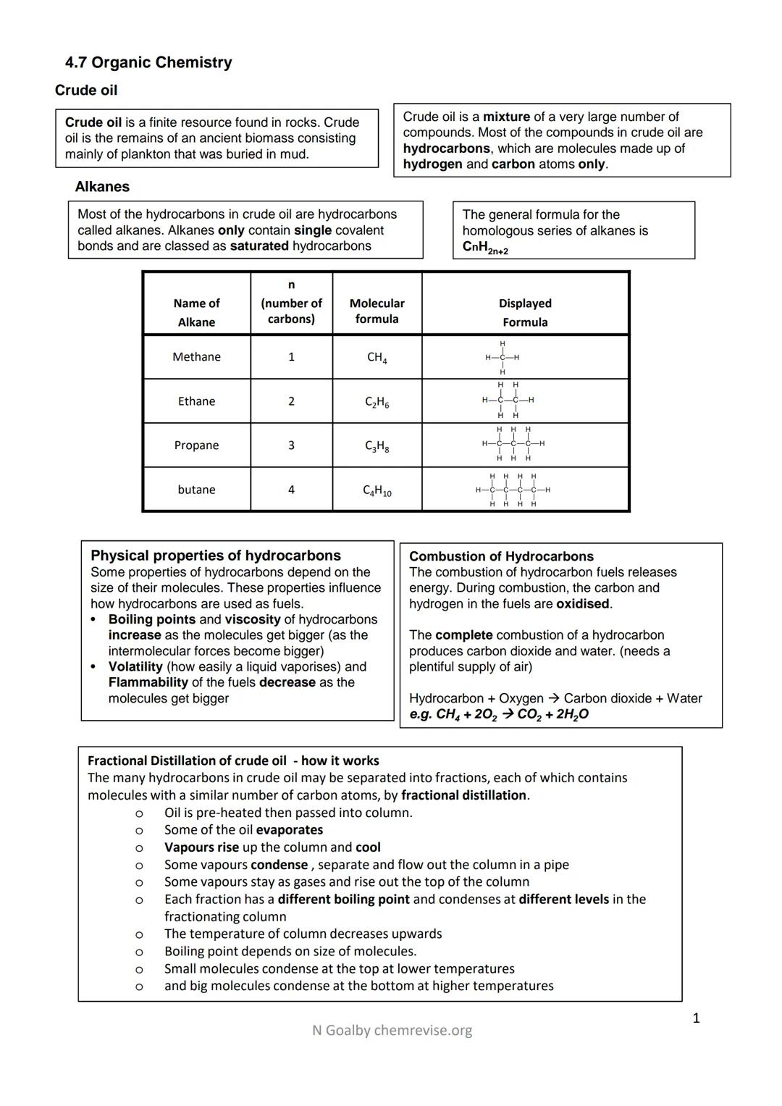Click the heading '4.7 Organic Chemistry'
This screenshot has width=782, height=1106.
[148, 63]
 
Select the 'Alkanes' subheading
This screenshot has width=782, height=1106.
[102, 187]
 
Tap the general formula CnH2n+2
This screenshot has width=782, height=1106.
[485, 248]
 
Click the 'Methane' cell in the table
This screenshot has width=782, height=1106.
[196, 357]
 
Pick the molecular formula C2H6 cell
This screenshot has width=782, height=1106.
[377, 402]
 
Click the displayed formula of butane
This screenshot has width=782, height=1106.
[513, 490]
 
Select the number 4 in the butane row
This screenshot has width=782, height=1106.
[291, 490]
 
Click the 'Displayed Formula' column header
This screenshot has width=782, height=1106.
[525, 312]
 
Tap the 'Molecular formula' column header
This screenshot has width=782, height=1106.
[377, 311]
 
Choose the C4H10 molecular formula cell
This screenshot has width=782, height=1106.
[377, 490]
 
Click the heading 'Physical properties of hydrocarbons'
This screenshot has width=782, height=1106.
[215, 556]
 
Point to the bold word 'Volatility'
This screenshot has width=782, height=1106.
[135, 666]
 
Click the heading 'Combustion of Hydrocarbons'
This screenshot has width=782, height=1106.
[501, 556]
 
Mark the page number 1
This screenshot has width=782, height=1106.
[696, 1018]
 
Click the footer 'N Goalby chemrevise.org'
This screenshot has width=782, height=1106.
[392, 1030]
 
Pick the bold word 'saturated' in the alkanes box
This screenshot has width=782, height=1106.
[259, 246]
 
